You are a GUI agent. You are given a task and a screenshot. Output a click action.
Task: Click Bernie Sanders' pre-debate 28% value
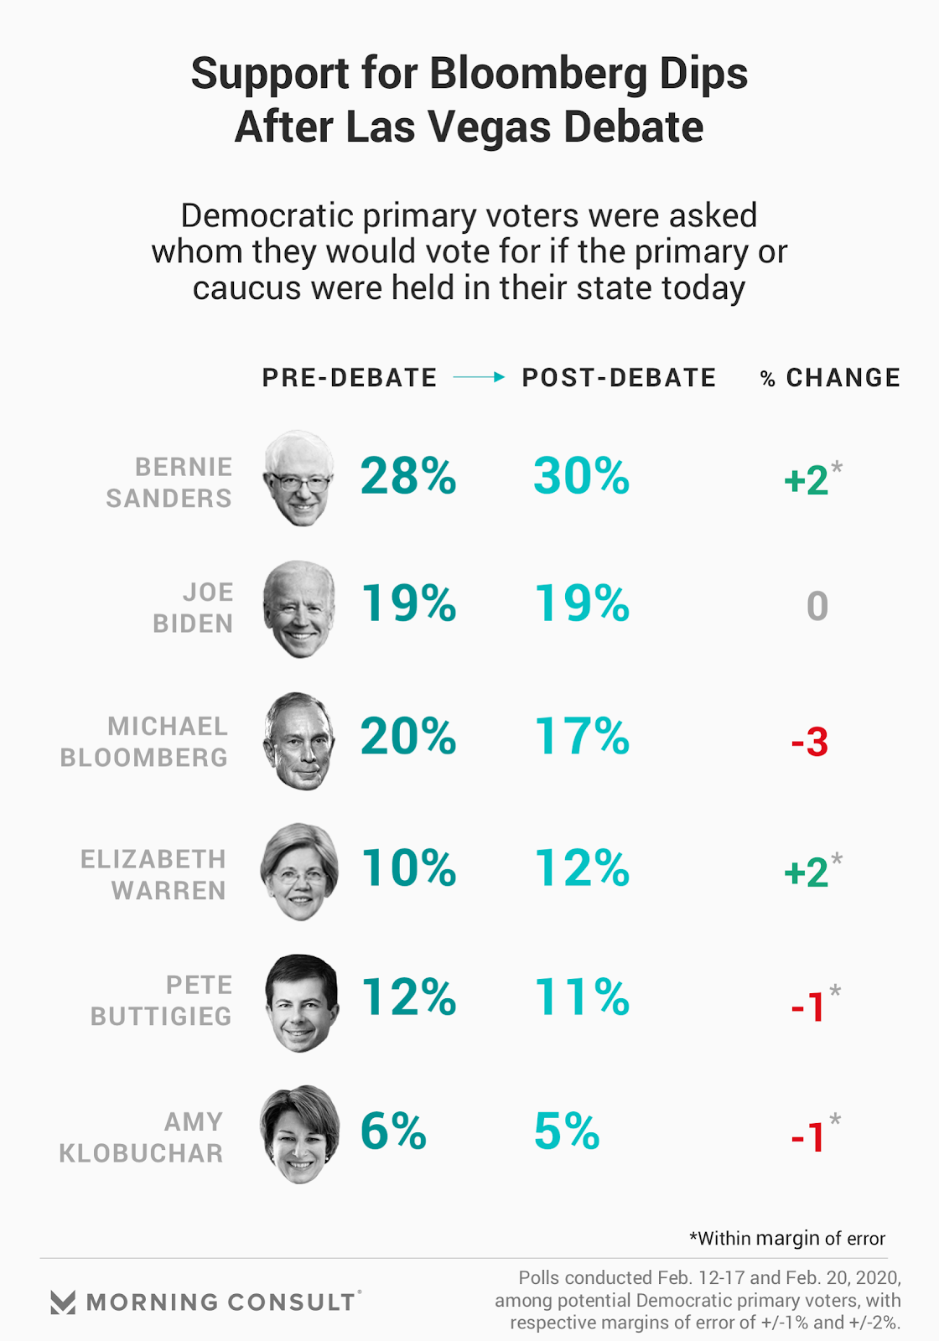(x=408, y=476)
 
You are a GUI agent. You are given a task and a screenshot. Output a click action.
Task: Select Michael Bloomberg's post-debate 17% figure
(x=581, y=737)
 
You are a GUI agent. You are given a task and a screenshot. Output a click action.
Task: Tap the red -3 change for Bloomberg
(x=809, y=742)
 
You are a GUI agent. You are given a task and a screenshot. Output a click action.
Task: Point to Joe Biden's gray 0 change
(x=817, y=606)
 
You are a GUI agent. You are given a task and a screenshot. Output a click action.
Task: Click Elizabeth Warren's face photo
(x=299, y=871)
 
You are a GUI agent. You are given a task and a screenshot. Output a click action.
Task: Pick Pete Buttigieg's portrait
(x=301, y=1002)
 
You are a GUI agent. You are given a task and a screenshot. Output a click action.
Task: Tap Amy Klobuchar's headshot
(x=299, y=1134)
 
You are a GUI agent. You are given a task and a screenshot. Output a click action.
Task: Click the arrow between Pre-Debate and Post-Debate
(x=479, y=377)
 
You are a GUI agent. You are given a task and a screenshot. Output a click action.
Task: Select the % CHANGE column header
(x=830, y=378)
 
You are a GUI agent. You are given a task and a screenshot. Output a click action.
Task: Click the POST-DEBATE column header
(x=619, y=378)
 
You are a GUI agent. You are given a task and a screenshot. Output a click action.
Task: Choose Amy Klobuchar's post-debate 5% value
(x=567, y=1131)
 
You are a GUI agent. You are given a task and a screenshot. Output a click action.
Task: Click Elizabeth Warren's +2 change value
(x=807, y=872)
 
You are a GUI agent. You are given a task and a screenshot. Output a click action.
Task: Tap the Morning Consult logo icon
(x=63, y=1302)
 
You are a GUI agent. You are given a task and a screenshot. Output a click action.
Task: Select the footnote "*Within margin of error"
(x=786, y=1238)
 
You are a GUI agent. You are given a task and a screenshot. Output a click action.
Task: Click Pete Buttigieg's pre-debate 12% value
(x=408, y=997)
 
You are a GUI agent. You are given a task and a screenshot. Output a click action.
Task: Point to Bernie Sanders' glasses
(x=299, y=484)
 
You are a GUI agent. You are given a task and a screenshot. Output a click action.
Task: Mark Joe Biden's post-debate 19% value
(x=581, y=603)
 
